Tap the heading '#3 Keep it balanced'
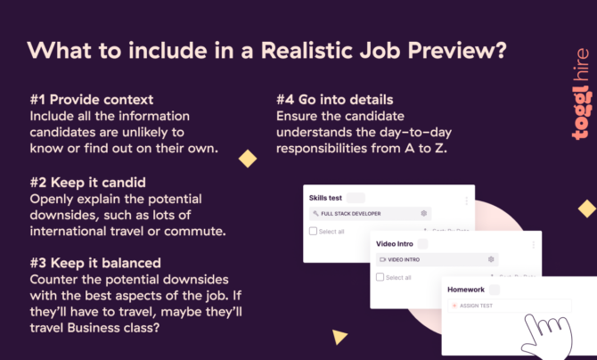tap(95, 263)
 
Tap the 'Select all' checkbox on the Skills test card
tap(313, 232)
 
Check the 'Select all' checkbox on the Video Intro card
tap(379, 277)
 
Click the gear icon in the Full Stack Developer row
tap(424, 214)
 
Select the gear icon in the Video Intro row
tap(491, 259)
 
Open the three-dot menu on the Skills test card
tap(466, 201)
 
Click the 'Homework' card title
tap(467, 290)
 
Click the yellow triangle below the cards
tap(339, 337)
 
